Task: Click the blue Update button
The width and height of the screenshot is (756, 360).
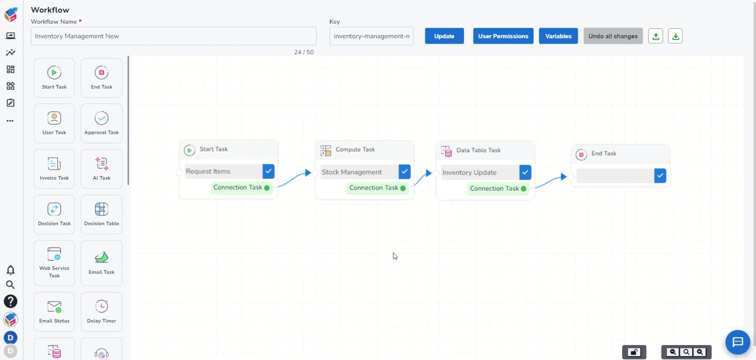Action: coord(444,36)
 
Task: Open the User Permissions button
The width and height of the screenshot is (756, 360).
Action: coord(503,36)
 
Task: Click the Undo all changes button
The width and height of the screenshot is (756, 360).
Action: coord(613,36)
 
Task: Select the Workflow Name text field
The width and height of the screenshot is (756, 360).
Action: coord(174,36)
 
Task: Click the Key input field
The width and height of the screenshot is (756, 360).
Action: coord(371,36)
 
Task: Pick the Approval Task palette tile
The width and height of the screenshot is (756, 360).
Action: coord(102,123)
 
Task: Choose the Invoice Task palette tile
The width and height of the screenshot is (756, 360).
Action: coord(54,169)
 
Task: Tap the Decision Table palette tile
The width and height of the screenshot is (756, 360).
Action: coord(102,215)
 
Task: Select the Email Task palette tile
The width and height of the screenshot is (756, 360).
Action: coord(102,263)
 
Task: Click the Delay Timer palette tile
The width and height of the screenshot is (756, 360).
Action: coord(102,312)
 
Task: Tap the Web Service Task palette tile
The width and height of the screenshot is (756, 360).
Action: coord(54,263)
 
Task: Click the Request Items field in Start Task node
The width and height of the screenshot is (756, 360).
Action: coord(224,171)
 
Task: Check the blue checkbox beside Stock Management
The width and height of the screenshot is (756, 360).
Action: coord(404,172)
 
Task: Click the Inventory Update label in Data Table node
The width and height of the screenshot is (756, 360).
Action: coord(469,173)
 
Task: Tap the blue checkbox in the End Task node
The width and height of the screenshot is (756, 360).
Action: coord(660,176)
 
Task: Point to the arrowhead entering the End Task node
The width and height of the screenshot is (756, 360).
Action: coord(564,177)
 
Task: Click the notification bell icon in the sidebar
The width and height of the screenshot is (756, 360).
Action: coord(11,270)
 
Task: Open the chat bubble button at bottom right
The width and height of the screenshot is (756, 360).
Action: coord(737,342)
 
